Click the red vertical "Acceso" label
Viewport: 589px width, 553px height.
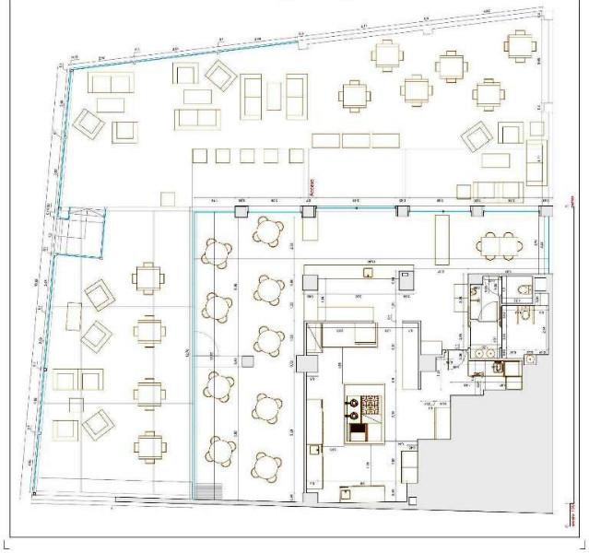click(x=310, y=187)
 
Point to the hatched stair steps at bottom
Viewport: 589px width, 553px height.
click(x=209, y=488)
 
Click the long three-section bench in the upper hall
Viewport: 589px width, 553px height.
click(x=355, y=140)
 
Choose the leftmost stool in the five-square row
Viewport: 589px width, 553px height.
click(x=199, y=156)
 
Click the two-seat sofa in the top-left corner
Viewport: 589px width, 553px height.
click(x=110, y=83)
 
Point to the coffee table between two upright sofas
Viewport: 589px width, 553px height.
click(x=274, y=93)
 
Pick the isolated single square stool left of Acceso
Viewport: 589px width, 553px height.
click(x=167, y=198)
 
